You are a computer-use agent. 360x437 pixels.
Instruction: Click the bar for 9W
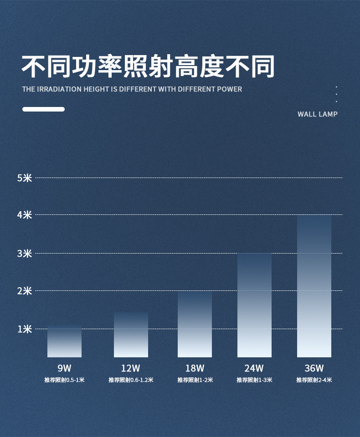[64, 342]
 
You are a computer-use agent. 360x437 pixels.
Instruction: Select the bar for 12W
[131, 335]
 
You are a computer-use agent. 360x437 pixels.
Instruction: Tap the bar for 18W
[195, 324]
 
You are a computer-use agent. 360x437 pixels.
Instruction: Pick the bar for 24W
[254, 305]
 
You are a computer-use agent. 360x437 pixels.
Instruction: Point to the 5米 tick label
[25, 178]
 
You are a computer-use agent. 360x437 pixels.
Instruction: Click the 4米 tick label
[25, 214]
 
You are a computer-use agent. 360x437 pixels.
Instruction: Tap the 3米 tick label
[25, 253]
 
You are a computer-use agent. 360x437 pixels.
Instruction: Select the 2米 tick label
[25, 290]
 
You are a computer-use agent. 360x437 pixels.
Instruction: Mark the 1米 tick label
[25, 329]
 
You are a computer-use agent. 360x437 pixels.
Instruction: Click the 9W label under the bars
[64, 368]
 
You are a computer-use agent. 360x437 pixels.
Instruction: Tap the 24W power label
[254, 368]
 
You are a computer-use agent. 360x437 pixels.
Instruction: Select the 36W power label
[314, 368]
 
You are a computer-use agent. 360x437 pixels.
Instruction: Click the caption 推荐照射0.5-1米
[64, 380]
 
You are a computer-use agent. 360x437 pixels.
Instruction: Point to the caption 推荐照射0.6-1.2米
[131, 380]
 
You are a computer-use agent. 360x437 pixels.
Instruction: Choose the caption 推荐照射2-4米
[314, 380]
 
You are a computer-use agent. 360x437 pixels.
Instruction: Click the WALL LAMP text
[318, 114]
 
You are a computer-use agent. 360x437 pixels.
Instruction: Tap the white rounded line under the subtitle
[43, 109]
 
